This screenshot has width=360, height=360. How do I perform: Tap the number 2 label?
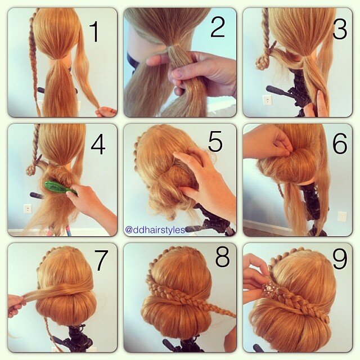click(x=217, y=27)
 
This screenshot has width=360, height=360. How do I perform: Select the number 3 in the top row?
click(x=339, y=29)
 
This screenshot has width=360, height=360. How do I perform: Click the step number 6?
click(x=339, y=144)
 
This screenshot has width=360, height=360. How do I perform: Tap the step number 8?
click(x=222, y=259)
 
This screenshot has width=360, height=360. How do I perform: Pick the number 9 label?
click(x=339, y=259)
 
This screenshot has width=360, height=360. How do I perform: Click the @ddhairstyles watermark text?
click(x=155, y=230)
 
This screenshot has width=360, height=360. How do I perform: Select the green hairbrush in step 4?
click(x=60, y=188)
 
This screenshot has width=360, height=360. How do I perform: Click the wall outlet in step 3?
click(x=267, y=100)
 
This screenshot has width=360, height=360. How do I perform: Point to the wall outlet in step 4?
click(x=28, y=209)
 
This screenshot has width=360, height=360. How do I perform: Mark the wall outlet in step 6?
click(x=341, y=216)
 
